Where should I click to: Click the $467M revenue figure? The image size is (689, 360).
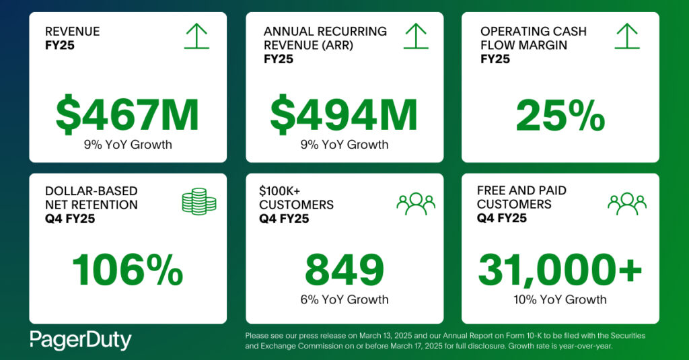coord(127,114)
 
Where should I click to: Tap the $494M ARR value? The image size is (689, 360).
coord(344,114)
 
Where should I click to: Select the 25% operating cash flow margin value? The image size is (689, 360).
coord(560,116)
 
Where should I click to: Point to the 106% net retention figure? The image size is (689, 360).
coord(127,271)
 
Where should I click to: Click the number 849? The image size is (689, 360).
coord(344,271)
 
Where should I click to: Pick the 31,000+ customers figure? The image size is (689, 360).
coord(560,271)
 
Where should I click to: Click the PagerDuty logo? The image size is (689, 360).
coord(80,340)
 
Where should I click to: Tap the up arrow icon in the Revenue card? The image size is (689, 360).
coord(196,36)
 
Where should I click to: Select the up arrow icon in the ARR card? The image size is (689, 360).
coord(416,36)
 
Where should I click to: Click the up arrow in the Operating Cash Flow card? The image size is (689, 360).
coord(626,36)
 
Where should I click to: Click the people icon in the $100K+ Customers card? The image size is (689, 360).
coord(416,203)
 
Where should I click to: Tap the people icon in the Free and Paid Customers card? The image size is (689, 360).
coord(626,203)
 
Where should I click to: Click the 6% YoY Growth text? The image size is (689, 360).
coord(344,300)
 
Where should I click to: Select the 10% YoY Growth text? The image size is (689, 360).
coord(560,300)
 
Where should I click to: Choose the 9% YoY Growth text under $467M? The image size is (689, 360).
coord(127,145)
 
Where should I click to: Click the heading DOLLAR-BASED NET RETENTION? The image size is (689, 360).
coord(91,198)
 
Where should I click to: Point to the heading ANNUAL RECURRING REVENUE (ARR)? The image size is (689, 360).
coord(325,38)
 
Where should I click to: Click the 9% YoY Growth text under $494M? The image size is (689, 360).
coord(344,145)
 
